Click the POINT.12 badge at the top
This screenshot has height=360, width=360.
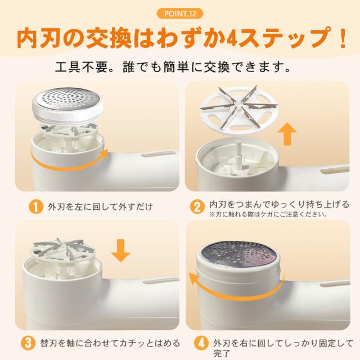click(x=180, y=13)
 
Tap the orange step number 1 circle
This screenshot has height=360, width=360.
click(x=36, y=207)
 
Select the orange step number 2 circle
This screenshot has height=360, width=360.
click(x=197, y=207)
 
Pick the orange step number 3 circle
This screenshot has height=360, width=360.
click(x=28, y=344)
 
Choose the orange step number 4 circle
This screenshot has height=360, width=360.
click(x=201, y=344)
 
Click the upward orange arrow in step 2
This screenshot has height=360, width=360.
click(x=287, y=134)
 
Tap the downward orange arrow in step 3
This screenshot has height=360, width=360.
click(x=121, y=250)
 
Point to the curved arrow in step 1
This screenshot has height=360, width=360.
click(x=69, y=164)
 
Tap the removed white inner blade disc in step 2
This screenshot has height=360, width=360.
click(x=238, y=110)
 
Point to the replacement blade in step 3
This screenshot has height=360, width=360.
click(x=63, y=250)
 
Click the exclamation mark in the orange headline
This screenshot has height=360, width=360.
click(x=343, y=38)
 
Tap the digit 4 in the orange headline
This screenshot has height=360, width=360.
click(x=232, y=39)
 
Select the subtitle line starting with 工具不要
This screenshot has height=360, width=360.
click(x=173, y=67)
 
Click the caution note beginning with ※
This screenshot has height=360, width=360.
click(x=268, y=215)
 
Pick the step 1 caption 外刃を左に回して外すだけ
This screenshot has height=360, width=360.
click(x=101, y=207)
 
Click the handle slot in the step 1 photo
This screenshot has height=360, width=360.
click(x=159, y=154)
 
